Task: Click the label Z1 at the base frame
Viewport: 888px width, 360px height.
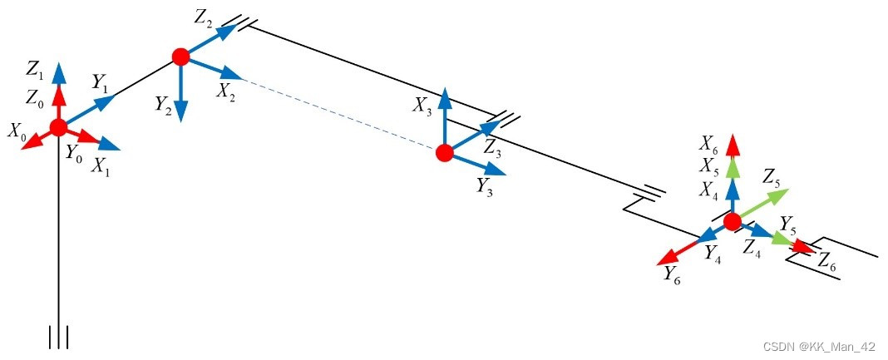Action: click(35, 67)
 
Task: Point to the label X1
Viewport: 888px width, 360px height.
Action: click(101, 165)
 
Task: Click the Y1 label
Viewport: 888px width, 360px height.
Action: click(101, 82)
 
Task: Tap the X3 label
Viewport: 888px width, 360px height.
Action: click(422, 106)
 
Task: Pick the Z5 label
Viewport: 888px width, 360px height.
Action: click(771, 177)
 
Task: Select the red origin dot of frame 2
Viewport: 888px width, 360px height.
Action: click(180, 57)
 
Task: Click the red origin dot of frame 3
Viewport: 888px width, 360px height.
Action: click(444, 152)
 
